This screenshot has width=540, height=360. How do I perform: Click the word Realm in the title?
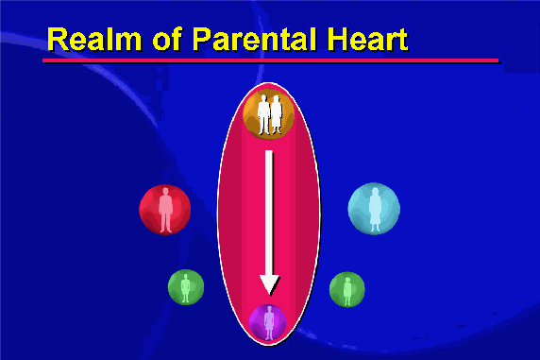(94, 39)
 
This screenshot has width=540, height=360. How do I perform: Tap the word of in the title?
(168, 39)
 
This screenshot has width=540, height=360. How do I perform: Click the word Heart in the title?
(368, 39)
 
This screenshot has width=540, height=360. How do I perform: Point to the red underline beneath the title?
(271, 60)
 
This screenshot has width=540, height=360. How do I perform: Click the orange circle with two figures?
(269, 114)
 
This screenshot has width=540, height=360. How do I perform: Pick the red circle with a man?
(164, 210)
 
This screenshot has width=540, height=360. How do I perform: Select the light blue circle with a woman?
(374, 209)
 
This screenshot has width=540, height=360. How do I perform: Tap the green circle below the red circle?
(186, 287)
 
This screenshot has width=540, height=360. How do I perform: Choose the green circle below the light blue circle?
(347, 289)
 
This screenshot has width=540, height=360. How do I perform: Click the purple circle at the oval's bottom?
(267, 323)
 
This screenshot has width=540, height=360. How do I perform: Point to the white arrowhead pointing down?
(270, 284)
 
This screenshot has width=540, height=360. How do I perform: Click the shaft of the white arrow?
(269, 213)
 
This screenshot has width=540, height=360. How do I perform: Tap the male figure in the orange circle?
(264, 114)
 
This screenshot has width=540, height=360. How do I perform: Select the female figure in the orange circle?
(277, 115)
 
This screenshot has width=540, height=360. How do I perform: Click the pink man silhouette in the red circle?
(165, 210)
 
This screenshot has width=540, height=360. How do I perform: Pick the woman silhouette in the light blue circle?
(375, 210)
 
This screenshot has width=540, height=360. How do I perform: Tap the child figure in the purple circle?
(269, 323)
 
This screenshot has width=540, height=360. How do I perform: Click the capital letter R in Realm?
(59, 40)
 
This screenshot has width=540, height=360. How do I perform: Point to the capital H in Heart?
(339, 40)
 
